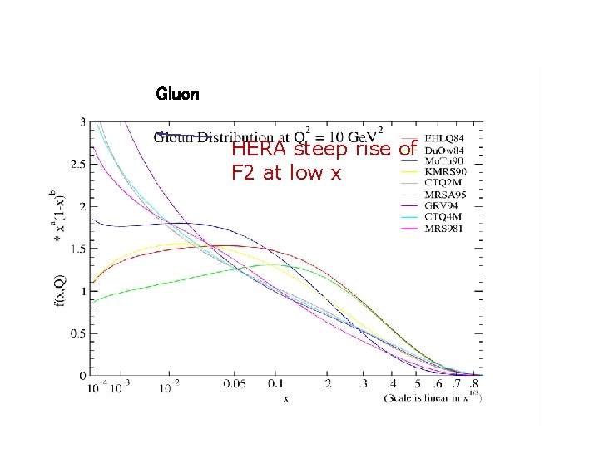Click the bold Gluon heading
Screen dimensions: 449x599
click(177, 94)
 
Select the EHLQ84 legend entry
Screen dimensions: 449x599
click(444, 137)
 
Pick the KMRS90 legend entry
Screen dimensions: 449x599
click(445, 171)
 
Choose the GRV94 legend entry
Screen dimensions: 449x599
click(442, 205)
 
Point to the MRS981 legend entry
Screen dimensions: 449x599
click(444, 229)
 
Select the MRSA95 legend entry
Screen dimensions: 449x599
click(445, 195)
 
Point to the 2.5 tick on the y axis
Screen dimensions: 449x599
click(77, 165)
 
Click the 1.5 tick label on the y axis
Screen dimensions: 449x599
click(77, 249)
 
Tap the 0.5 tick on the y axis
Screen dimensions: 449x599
click(77, 333)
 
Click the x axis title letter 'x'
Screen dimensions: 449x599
click(285, 400)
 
